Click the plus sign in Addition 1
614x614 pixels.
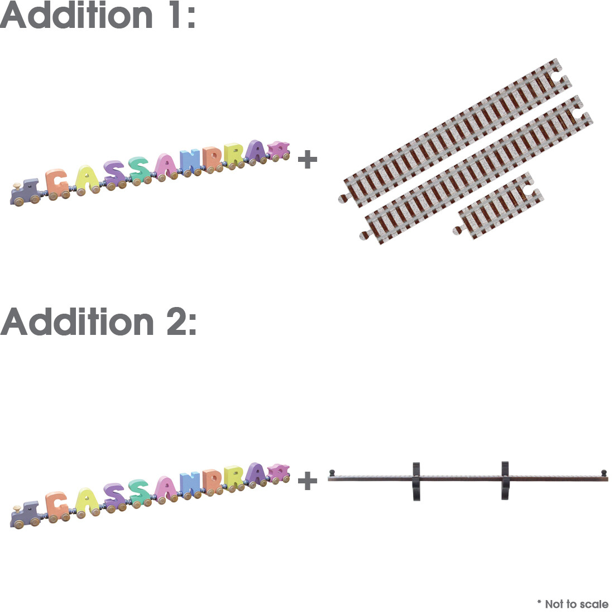coord(308,160)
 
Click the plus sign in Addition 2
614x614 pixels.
coord(308,481)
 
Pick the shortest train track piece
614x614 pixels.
coord(498,205)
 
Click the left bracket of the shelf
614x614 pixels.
coord(416,482)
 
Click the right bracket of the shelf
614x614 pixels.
coord(505,481)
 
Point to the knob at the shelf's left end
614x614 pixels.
coord(332,472)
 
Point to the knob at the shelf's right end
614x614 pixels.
coord(604,473)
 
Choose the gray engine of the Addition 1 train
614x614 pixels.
coord(25,193)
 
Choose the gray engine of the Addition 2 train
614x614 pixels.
coord(25,515)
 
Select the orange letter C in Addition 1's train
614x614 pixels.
coord(57,183)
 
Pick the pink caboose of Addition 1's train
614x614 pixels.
coord(279,150)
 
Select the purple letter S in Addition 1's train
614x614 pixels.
coord(115,174)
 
